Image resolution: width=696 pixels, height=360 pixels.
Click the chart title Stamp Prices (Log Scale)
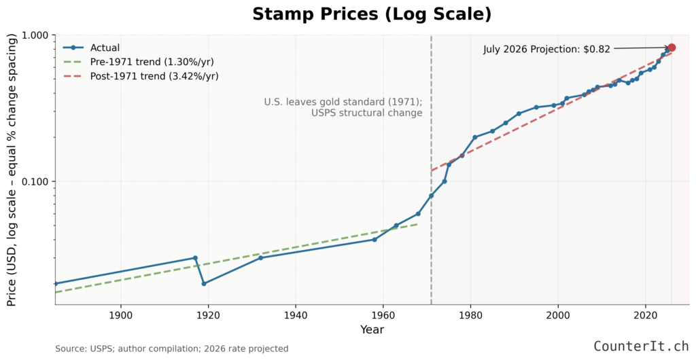(371, 14)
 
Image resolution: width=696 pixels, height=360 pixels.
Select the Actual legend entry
(105, 48)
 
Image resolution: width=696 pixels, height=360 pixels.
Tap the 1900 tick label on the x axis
(120, 315)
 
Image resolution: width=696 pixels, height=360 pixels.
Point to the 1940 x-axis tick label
(295, 315)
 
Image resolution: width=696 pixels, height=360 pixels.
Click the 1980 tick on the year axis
(470, 315)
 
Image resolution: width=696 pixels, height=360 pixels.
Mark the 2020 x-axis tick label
(645, 315)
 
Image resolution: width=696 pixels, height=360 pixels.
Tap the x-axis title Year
(372, 330)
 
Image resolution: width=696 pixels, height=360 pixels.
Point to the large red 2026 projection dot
(672, 48)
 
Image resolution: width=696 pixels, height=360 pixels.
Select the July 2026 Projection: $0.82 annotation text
(546, 49)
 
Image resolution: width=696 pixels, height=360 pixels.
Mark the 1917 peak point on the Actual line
(195, 258)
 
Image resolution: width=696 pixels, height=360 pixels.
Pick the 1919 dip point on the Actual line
(204, 283)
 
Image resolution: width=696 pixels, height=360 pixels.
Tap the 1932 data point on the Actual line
(260, 258)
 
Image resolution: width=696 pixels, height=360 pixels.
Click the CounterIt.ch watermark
(640, 346)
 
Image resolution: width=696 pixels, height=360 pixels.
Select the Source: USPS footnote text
(172, 348)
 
